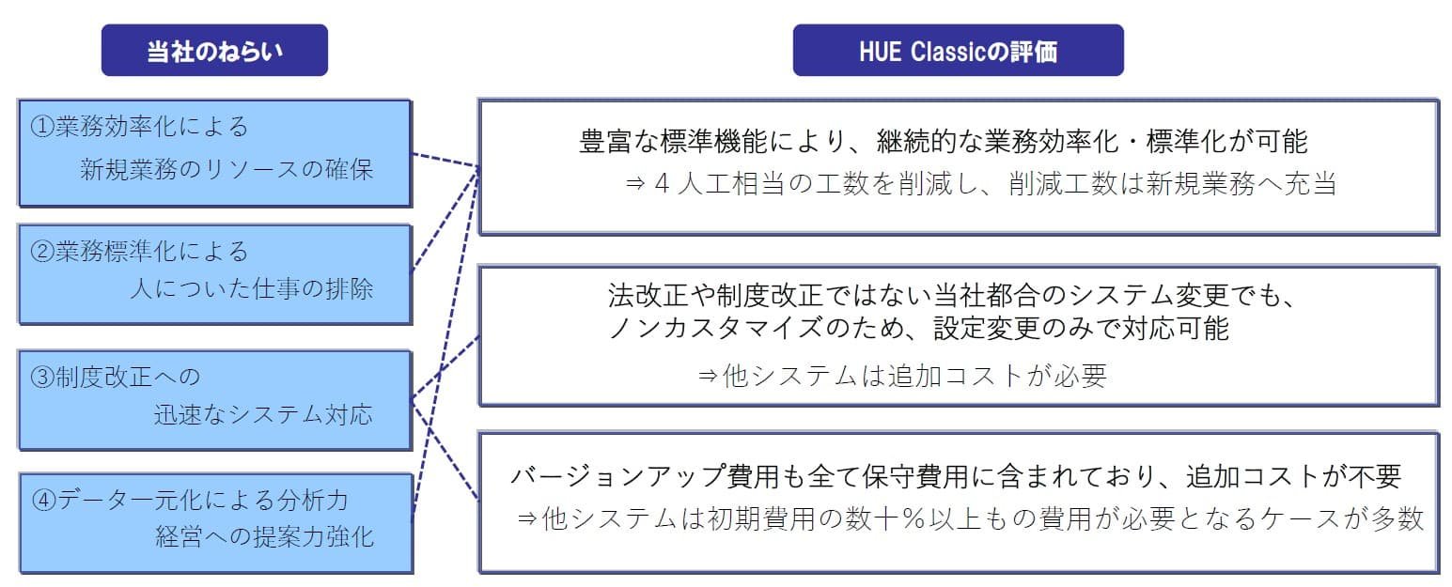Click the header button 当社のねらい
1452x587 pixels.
(x=214, y=51)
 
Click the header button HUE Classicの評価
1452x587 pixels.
(x=958, y=51)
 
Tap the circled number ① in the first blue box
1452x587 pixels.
(x=43, y=127)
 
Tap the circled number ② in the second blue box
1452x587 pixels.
(x=43, y=251)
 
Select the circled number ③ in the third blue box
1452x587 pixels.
(x=43, y=377)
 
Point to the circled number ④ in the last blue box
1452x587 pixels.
(x=44, y=500)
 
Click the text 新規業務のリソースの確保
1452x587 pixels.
(x=226, y=170)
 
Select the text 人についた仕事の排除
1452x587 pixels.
(x=252, y=288)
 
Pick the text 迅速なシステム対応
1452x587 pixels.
(x=263, y=414)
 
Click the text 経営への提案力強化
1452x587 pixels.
(x=264, y=536)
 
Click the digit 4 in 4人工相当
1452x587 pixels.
(x=662, y=184)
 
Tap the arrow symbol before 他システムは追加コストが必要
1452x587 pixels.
(x=707, y=376)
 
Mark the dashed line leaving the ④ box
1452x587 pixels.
(x=445, y=344)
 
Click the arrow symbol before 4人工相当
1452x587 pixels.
(x=635, y=184)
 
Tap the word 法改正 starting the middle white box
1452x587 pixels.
(x=648, y=296)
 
